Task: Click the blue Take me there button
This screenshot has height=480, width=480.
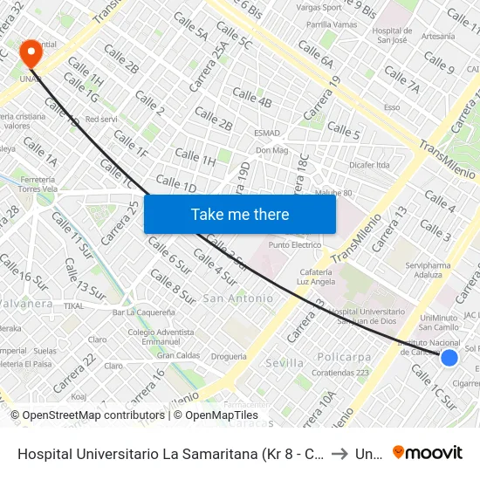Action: point(240,214)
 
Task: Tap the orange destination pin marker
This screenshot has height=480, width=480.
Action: point(31,53)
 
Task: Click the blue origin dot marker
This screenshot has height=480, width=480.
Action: point(449,358)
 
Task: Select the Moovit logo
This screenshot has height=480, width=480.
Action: point(428,453)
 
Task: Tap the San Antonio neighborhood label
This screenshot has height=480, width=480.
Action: point(237,298)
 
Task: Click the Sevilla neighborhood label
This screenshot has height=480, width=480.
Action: point(285,362)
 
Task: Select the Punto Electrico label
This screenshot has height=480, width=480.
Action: point(295,245)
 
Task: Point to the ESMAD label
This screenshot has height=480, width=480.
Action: point(266,134)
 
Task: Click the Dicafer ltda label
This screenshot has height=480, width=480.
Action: point(368,164)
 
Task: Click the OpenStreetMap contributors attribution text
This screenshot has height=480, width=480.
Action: point(88,415)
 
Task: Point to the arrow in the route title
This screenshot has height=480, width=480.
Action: point(339,454)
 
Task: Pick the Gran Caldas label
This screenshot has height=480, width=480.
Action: point(178,355)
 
